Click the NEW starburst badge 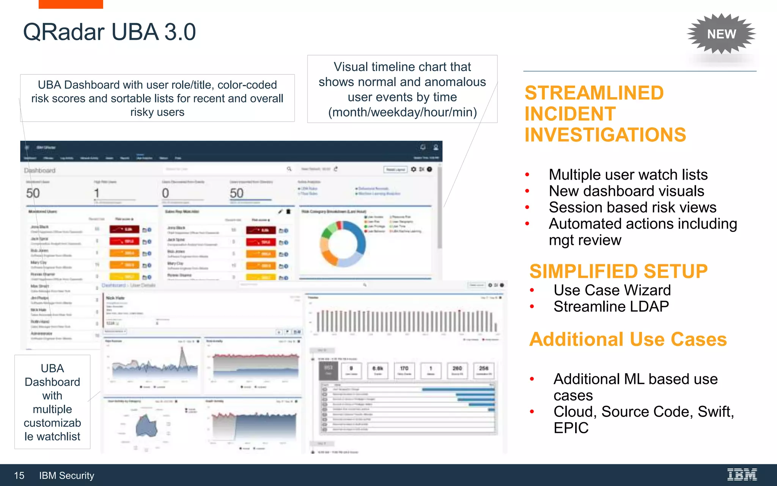point(721,34)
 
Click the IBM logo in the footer point(742,475)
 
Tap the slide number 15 point(19,475)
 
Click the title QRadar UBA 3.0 point(109,32)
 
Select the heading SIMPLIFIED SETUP point(618,271)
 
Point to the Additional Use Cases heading point(628,339)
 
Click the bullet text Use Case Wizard point(612,290)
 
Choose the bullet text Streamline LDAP point(611,306)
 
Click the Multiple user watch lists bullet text point(628,175)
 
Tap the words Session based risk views point(632,207)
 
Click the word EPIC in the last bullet point(571,428)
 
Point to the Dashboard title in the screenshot point(40,170)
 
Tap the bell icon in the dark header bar point(423,147)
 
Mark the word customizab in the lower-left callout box point(52,423)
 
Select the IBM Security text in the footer point(66,475)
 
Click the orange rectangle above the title point(71,4)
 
